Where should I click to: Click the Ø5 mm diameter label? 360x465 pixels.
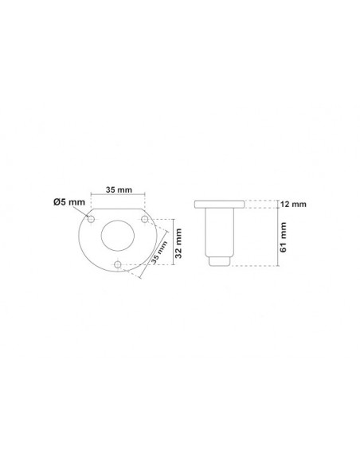point(69,202)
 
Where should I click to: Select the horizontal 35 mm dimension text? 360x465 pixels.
point(119,190)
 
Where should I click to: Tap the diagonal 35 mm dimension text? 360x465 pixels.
point(159,252)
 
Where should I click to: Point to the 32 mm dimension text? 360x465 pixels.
point(178,243)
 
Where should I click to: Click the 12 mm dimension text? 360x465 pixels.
point(293,205)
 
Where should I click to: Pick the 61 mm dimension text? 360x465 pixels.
point(284,237)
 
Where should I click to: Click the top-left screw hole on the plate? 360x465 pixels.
point(91,220)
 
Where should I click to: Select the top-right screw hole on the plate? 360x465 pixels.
point(144,219)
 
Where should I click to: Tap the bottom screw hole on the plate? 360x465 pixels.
point(118,264)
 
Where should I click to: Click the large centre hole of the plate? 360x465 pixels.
point(118,236)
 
